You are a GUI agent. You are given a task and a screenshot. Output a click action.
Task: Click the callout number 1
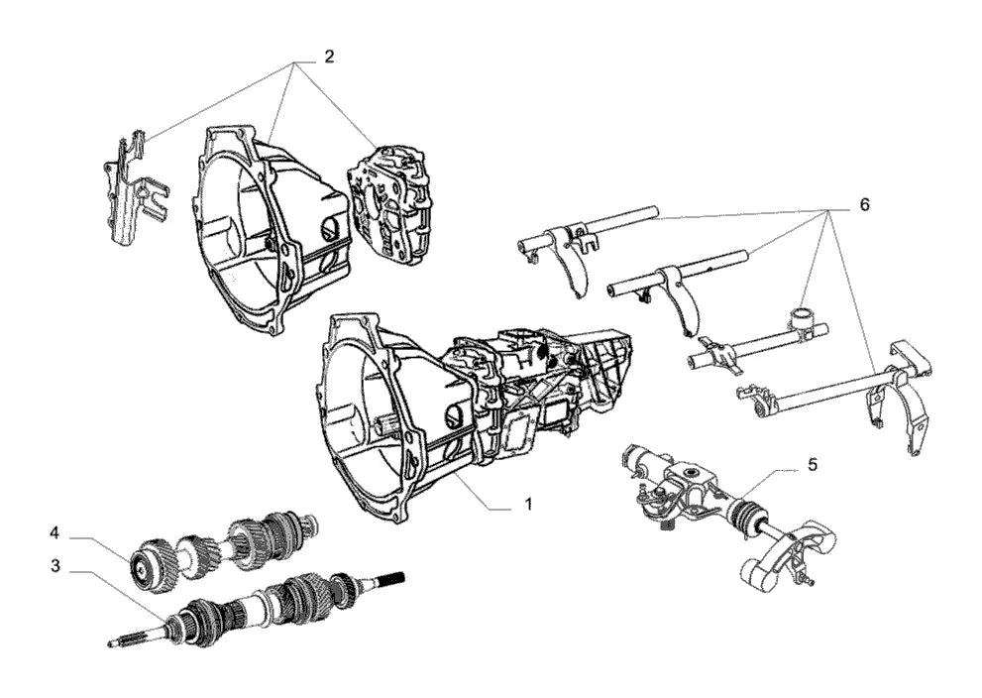528,504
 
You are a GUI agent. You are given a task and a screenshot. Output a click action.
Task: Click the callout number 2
329,57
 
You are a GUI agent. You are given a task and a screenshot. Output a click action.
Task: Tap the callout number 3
55,566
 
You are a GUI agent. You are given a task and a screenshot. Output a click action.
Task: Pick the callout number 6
864,205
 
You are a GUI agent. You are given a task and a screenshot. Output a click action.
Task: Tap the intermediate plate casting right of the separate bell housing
392,201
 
